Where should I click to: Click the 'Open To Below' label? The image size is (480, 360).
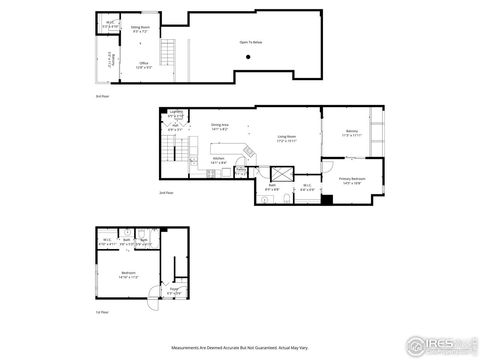(251, 43)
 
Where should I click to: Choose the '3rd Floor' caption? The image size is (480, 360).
(102, 96)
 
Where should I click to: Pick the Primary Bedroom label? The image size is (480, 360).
(351, 180)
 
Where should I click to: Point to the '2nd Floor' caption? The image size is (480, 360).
(166, 192)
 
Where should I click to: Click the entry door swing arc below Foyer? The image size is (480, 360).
(154, 298)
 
